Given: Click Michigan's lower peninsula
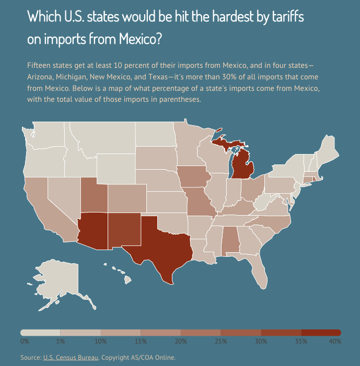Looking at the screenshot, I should point(243,167).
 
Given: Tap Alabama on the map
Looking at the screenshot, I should point(230,240).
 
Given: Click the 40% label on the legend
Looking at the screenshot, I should point(335,341).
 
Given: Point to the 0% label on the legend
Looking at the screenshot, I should point(25,341).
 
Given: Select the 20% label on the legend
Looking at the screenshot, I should point(181,341).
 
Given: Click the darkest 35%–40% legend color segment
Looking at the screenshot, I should point(321,333).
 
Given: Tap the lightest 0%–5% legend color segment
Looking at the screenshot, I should point(40,333).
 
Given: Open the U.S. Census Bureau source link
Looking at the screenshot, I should point(71,358).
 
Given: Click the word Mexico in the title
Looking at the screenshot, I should point(135,38).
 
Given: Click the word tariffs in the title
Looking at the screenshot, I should point(286,17).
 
